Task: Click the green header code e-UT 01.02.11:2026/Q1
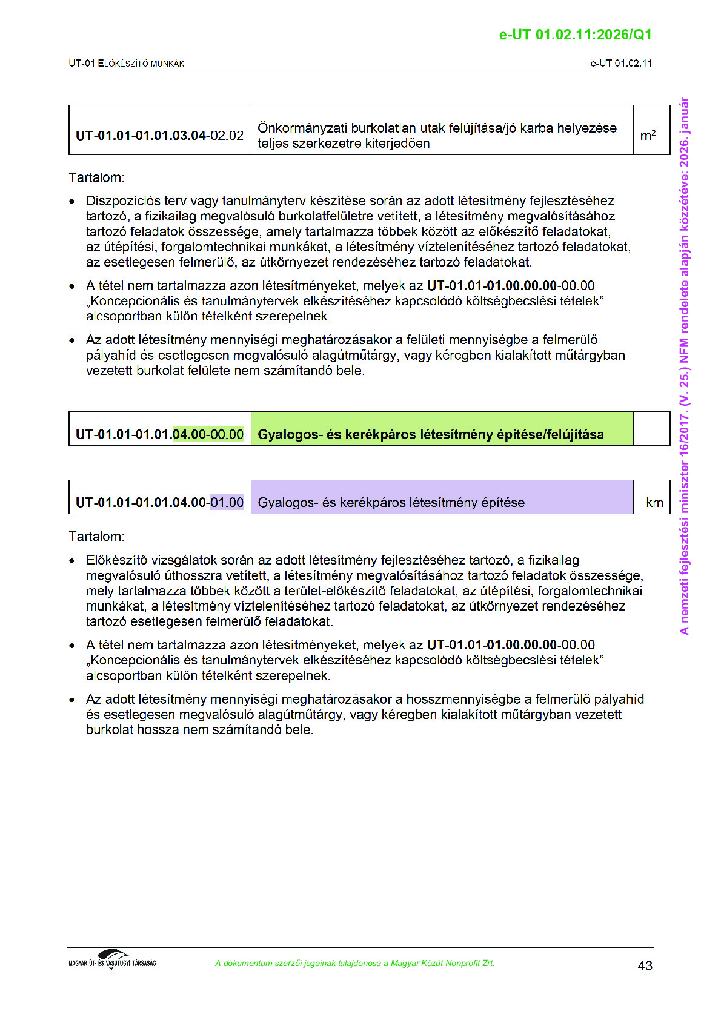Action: click(575, 35)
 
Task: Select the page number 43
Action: click(645, 965)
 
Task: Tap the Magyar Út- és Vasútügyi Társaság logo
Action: click(112, 960)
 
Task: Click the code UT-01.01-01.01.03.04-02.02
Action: click(159, 135)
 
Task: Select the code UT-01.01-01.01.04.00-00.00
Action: click(159, 434)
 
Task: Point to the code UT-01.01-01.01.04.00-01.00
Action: click(159, 502)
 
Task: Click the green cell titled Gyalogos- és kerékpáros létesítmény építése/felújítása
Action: click(430, 434)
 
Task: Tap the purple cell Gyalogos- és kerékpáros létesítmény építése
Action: click(391, 502)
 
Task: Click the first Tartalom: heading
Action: click(96, 177)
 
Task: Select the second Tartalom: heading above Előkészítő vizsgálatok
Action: click(96, 536)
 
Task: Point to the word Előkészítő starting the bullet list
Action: click(117, 560)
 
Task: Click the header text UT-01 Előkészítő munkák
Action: click(126, 63)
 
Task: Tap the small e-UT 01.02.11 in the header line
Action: click(621, 63)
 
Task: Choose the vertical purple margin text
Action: click(684, 366)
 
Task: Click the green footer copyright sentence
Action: click(354, 963)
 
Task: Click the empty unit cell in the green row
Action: click(651, 429)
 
